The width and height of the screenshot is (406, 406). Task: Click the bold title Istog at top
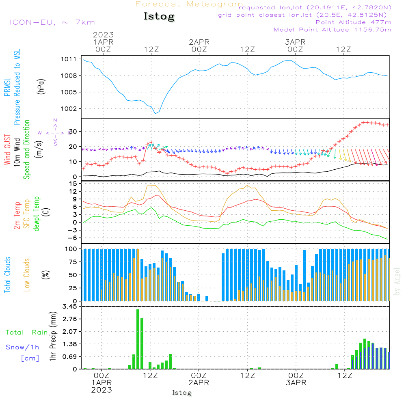159,17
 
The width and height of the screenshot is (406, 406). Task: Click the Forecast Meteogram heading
189,4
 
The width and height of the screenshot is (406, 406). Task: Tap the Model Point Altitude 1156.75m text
333,30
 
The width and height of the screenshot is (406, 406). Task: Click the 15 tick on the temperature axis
73,184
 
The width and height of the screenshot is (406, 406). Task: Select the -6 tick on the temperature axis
72,238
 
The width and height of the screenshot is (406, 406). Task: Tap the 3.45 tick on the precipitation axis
70,307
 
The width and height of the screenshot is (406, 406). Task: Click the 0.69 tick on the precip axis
70,356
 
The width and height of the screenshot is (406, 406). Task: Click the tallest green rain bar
138,339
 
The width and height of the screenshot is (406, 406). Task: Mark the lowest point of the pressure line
156,113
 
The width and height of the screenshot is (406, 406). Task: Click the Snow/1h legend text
22,347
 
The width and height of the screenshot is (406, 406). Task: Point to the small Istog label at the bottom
181,393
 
